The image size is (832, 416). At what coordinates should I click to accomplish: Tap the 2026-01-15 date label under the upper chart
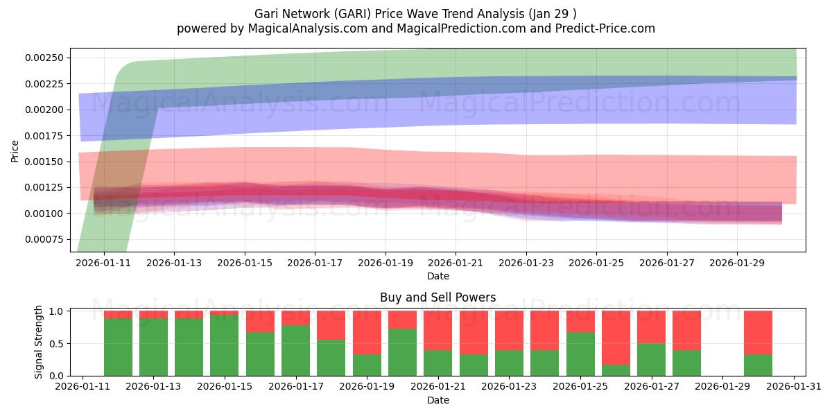point(244,263)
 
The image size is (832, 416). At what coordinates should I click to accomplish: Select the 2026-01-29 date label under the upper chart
point(736,263)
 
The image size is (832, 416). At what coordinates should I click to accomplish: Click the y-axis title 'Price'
point(15,150)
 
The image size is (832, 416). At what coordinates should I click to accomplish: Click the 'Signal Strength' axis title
point(39,342)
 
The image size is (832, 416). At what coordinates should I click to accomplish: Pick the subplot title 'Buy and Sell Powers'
point(437,297)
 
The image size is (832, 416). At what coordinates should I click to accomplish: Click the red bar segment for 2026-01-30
point(758,332)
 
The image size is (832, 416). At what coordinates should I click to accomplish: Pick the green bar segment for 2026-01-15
point(225,345)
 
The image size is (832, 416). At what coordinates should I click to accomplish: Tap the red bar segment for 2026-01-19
point(367,332)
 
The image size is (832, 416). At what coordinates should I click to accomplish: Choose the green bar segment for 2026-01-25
point(580,354)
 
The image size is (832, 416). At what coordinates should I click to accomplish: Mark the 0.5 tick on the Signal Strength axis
point(57,343)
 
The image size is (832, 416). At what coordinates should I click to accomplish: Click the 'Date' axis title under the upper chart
point(437,276)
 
